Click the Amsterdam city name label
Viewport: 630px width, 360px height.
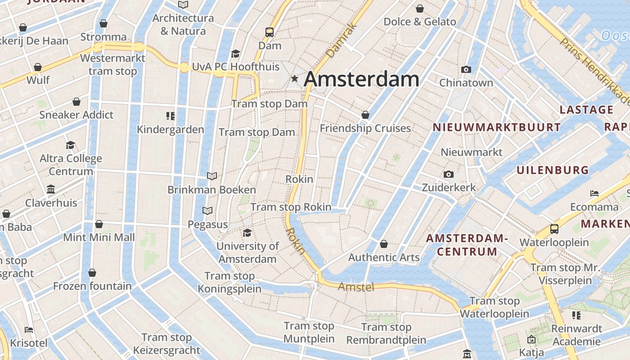point(361,80)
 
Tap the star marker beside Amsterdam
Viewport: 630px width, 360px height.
point(295,79)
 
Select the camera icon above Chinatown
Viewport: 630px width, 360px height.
point(466,69)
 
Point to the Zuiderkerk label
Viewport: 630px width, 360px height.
point(449,187)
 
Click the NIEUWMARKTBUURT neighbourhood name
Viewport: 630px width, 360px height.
point(497,127)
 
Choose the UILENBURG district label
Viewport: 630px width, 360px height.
point(553,170)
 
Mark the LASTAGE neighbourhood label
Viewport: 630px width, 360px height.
point(586,110)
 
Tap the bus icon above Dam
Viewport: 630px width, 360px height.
point(270,32)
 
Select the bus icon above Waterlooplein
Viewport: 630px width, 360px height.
point(554,229)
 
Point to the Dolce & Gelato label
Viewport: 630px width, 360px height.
point(420,22)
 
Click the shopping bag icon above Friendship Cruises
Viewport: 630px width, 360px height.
point(365,115)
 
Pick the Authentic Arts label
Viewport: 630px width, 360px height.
point(384,257)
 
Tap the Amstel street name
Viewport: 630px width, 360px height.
point(356,287)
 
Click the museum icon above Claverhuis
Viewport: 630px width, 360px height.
point(51,189)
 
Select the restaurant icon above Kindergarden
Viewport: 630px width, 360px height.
point(170,116)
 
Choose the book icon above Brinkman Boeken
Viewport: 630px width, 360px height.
point(211,176)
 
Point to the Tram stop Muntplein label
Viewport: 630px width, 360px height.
point(309,332)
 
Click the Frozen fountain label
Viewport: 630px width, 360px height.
point(92,286)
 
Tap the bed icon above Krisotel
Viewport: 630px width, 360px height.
point(29,329)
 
